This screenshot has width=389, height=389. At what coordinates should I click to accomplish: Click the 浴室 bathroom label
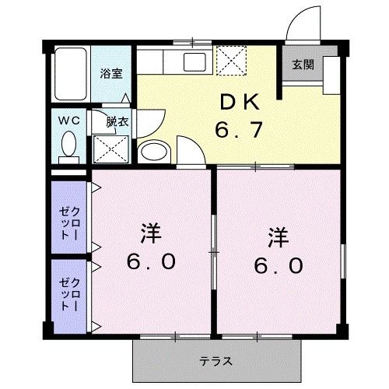tap(111, 74)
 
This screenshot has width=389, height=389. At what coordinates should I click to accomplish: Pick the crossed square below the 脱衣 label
tap(110, 147)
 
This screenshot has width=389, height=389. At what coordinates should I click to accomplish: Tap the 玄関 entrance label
tap(303, 65)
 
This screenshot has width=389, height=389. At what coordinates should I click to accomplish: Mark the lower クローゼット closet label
tap(68, 295)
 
